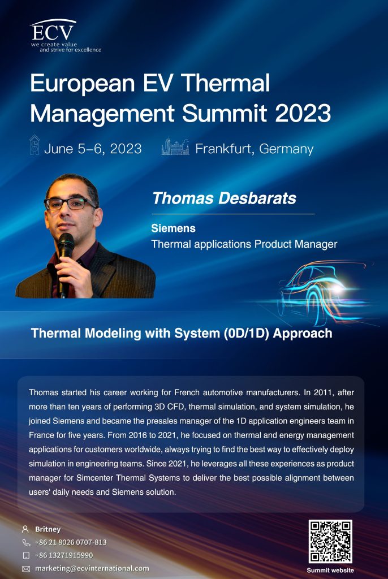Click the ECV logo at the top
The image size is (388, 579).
[x=65, y=36]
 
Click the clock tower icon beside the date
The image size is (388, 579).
[x=35, y=145]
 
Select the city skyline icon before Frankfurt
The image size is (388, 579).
[x=175, y=147]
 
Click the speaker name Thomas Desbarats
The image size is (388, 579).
[x=225, y=198]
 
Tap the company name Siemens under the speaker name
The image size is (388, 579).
[x=173, y=228]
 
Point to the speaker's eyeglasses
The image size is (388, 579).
[x=70, y=204]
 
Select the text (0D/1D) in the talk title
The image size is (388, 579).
[x=246, y=334]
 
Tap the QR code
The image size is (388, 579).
[x=330, y=541]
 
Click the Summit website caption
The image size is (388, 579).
[x=330, y=571]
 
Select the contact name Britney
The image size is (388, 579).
[x=48, y=529]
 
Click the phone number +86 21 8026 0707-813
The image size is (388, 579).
[x=71, y=542]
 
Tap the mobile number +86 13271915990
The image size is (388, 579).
[x=64, y=555]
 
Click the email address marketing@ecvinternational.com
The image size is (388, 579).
[x=92, y=569]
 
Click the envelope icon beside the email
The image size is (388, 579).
[x=26, y=569]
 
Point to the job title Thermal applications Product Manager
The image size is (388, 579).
[x=244, y=244]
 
